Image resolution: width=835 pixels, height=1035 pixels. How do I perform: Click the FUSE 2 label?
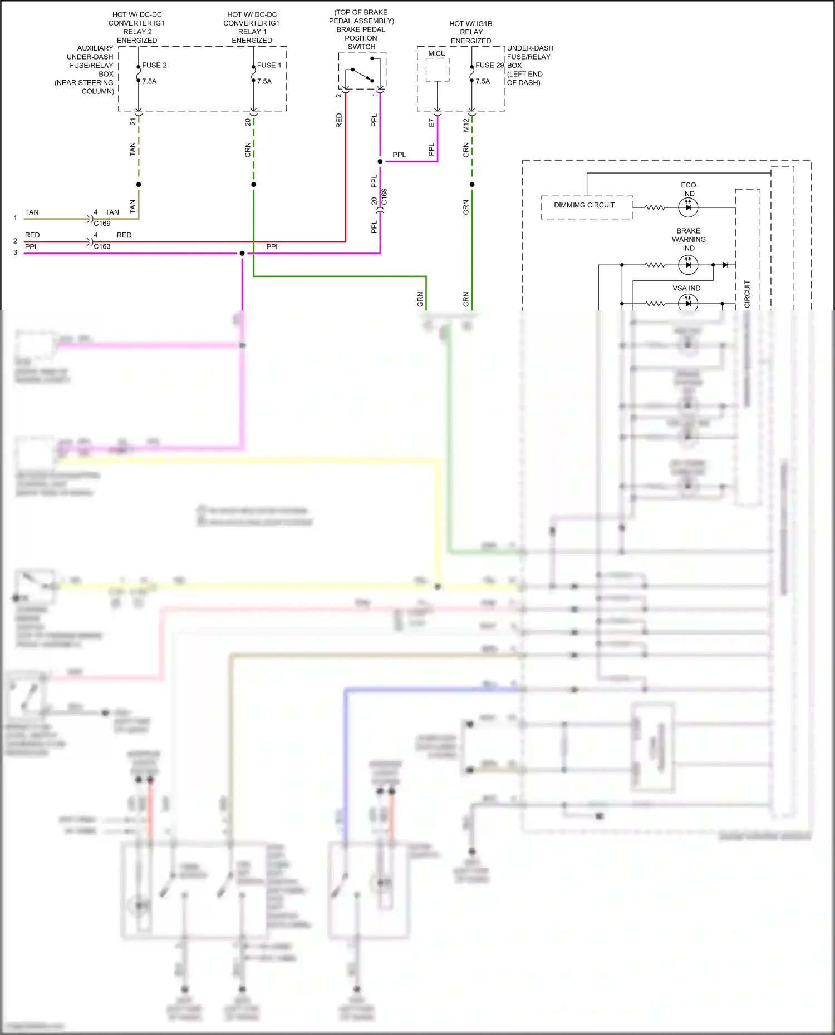coord(154,65)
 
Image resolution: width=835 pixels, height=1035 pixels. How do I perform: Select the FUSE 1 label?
coord(269,65)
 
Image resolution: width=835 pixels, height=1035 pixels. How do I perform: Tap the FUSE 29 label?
coord(489,65)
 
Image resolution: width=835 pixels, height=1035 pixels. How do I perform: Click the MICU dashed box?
coord(438,70)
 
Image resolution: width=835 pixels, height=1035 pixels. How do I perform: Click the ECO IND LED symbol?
coord(688,207)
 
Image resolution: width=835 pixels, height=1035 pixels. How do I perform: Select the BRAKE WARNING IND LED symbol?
coord(688,265)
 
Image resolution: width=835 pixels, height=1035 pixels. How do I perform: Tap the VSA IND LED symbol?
coord(688,304)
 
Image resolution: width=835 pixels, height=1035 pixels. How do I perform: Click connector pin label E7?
coord(431,123)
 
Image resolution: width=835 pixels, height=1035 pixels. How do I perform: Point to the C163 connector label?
coord(102,246)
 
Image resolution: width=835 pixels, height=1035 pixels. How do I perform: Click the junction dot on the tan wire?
coord(139,184)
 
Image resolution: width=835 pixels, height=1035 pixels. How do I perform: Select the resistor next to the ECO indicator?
coord(655,207)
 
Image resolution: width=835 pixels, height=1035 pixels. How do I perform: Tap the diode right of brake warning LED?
coord(725,265)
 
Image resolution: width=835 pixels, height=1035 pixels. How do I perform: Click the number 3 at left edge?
coord(15,252)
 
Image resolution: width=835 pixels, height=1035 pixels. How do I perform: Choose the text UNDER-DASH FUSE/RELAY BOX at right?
coord(529,65)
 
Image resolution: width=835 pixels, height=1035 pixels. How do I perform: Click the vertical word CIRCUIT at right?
coord(747,294)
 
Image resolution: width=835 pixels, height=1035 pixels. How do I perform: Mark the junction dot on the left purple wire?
coord(242,254)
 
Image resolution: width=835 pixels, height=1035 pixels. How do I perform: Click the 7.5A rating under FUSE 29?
coord(483,81)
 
